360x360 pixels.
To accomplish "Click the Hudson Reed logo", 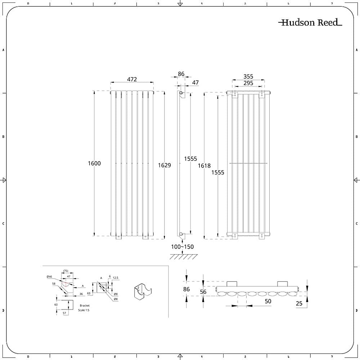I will tap(310, 23).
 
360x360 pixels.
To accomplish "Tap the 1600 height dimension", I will tap(94, 163).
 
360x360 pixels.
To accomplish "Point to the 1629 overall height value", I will tap(164, 165).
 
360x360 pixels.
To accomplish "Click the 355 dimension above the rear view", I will tap(248, 76).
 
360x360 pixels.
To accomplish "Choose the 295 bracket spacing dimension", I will tap(248, 83).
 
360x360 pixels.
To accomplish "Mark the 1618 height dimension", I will tap(204, 166).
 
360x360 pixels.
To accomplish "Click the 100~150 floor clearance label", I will tap(182, 247).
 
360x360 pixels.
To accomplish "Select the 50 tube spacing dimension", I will tap(267, 301).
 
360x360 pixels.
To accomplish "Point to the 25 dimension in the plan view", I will tap(299, 303).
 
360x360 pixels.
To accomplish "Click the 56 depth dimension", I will tap(203, 292).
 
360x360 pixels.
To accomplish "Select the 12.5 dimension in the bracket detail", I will tap(115, 278).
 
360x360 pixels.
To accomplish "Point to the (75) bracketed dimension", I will tap(66, 271).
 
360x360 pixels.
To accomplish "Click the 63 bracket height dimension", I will tap(88, 293).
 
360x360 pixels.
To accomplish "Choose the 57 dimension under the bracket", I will tap(65, 314).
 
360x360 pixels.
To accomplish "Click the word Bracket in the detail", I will tap(85, 306).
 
